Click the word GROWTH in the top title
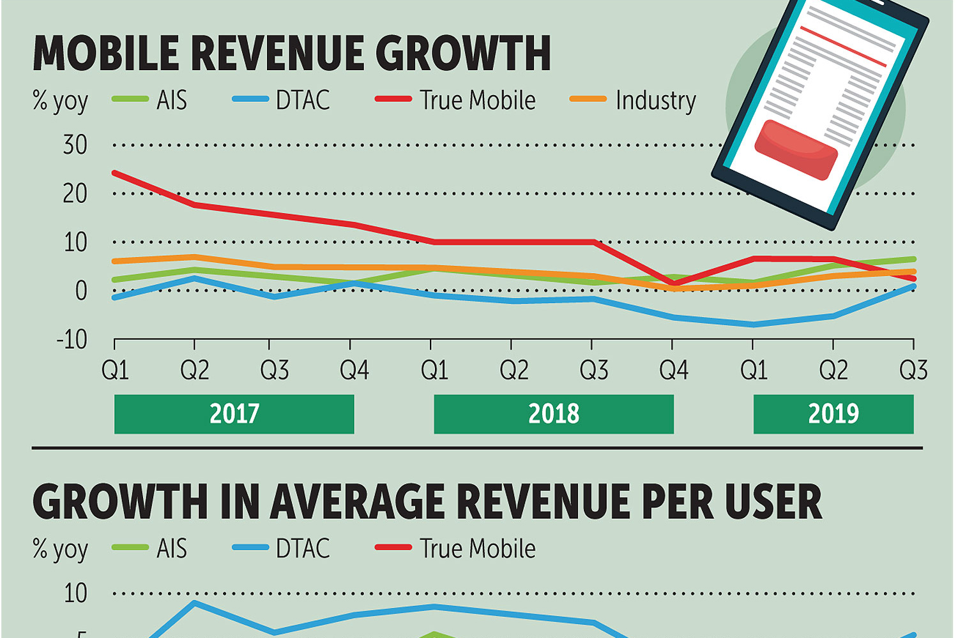pos(463,53)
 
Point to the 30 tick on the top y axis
pos(75,145)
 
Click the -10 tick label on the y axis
pos(72,340)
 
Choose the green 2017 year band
pos(234,414)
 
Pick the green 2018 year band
pos(554,414)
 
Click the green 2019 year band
pos(833,414)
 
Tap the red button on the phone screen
pos(796,149)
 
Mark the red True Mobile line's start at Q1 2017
pos(115,173)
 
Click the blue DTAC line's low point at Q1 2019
pos(754,325)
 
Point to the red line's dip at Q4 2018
pos(674,283)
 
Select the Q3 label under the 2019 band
pos(913,370)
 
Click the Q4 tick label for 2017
pos(354,370)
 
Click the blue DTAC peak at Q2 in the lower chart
pos(194,602)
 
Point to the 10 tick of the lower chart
pos(75,594)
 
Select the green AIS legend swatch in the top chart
pos(130,100)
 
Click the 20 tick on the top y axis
pos(75,194)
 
